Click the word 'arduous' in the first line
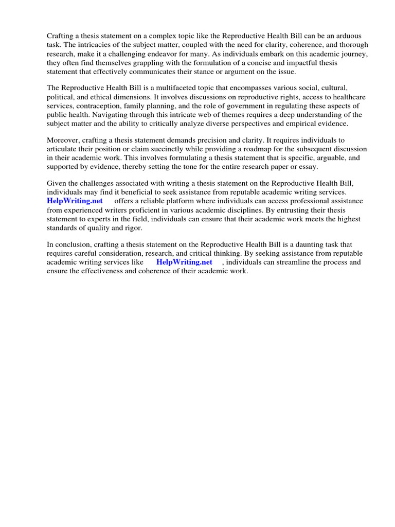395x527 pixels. click(348, 36)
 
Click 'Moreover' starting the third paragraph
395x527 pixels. click(63, 140)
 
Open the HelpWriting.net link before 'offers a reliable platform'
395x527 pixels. click(75, 201)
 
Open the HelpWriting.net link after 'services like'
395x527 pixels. click(184, 262)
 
